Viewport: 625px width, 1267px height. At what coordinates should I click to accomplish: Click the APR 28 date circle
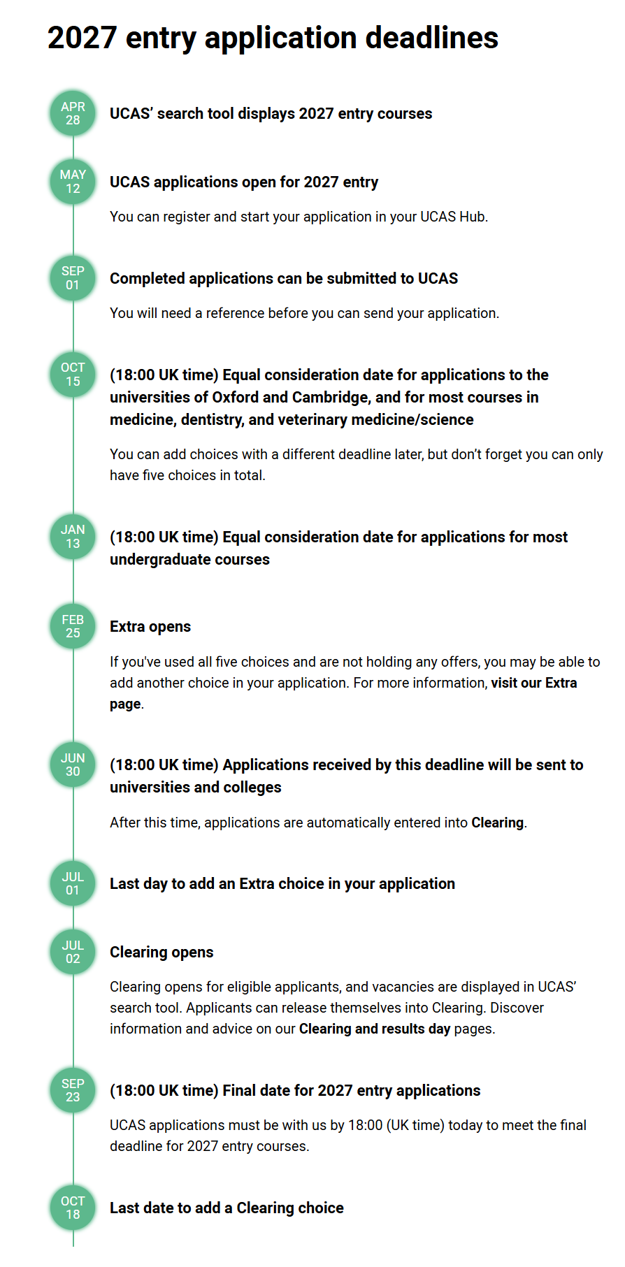(x=73, y=113)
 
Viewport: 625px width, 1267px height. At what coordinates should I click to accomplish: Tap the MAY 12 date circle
(x=73, y=182)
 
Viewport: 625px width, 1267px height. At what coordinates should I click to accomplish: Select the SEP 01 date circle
(x=73, y=278)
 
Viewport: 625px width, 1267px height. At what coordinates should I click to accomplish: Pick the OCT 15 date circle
(x=73, y=375)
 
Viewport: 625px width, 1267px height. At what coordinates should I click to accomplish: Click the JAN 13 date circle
(x=73, y=537)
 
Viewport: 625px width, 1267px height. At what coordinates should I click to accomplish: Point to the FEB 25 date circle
(x=73, y=626)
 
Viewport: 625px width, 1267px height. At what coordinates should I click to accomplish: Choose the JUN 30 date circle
(x=73, y=765)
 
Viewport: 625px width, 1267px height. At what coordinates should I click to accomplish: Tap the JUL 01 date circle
(x=73, y=883)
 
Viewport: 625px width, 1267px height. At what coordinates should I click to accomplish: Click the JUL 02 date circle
(x=73, y=952)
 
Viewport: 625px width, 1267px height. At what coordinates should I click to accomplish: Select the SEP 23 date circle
(x=73, y=1090)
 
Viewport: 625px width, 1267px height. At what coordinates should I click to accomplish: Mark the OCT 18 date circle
(x=73, y=1208)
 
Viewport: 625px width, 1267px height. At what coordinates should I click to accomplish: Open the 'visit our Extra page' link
(x=533, y=683)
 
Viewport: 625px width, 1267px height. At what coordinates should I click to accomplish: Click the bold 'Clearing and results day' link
(x=374, y=1029)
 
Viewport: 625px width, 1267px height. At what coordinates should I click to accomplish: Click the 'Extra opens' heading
(x=150, y=626)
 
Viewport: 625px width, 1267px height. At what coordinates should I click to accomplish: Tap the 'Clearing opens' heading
(x=161, y=952)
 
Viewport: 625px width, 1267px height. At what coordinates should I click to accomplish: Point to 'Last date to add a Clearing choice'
(x=227, y=1208)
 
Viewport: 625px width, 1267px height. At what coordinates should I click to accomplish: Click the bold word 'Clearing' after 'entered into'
(x=497, y=823)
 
